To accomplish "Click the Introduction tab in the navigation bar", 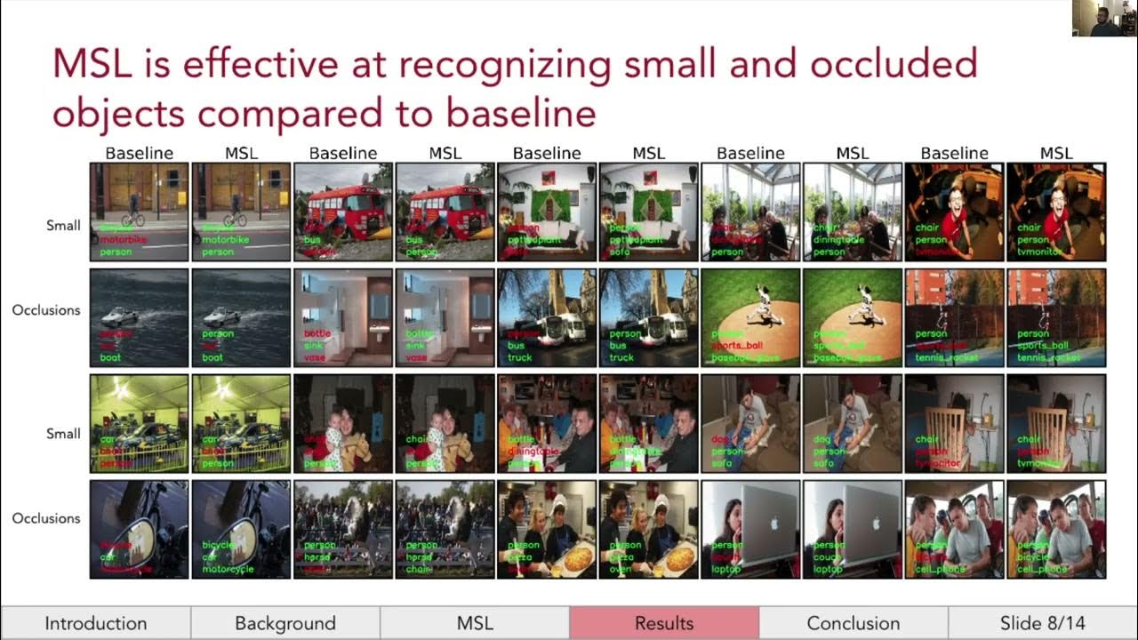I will (x=96, y=623).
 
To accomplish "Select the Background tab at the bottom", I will (x=285, y=623).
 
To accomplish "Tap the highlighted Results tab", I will (x=664, y=623).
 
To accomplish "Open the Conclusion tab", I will (x=853, y=623).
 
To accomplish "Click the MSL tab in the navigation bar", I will (x=475, y=623).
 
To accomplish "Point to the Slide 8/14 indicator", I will (x=1042, y=623).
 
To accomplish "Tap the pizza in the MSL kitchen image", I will (x=679, y=557).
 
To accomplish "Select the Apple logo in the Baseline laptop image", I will (x=772, y=523).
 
